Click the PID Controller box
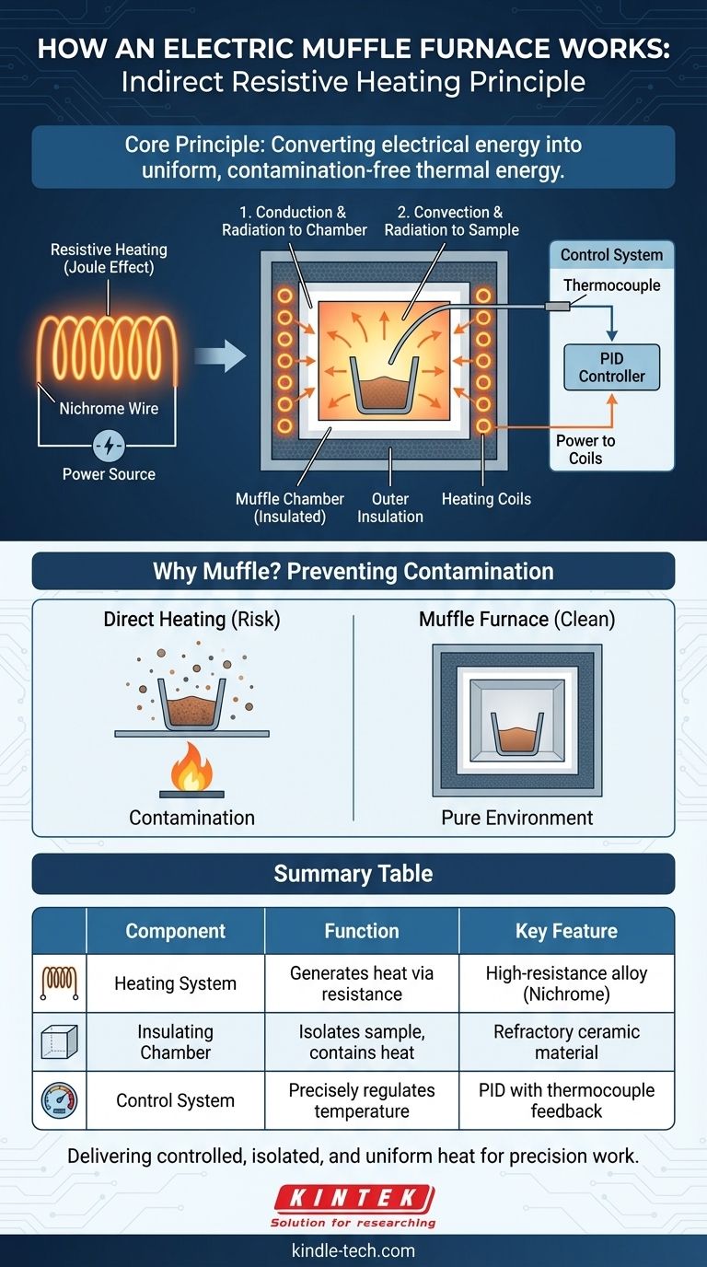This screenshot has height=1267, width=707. (x=611, y=366)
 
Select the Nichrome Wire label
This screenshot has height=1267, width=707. (x=109, y=408)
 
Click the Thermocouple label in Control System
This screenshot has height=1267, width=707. (x=611, y=285)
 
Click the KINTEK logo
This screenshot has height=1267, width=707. (x=353, y=1200)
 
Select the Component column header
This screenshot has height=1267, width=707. (x=175, y=931)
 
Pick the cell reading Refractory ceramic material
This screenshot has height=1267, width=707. (x=566, y=1041)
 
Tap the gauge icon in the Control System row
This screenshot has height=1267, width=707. (x=59, y=1100)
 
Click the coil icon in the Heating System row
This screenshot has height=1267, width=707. (x=59, y=983)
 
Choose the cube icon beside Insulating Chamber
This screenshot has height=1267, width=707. (x=59, y=1041)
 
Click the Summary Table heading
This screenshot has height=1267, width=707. (x=353, y=873)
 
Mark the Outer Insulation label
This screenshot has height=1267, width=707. (x=390, y=507)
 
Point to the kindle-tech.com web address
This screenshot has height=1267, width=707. (x=353, y=1250)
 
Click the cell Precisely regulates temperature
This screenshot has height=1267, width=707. (x=362, y=1100)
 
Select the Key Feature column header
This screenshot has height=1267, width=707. (x=566, y=931)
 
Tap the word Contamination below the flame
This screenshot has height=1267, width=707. (x=191, y=818)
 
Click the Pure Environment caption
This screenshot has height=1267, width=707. (x=517, y=818)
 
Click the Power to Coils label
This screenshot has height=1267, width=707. (x=585, y=449)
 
